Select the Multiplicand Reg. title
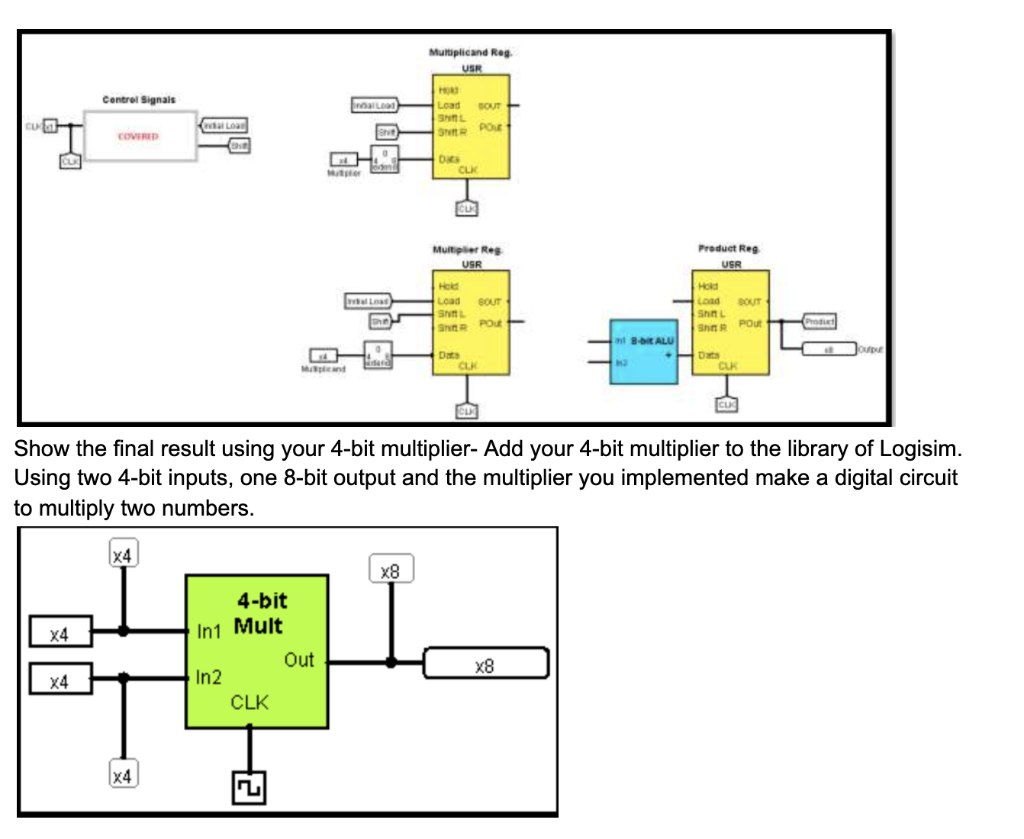470,52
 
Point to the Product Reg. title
731,247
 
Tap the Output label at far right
869,348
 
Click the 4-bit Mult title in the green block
260,613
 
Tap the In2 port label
208,677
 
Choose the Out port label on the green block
298,660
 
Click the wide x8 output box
486,663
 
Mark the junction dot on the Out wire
391,662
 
